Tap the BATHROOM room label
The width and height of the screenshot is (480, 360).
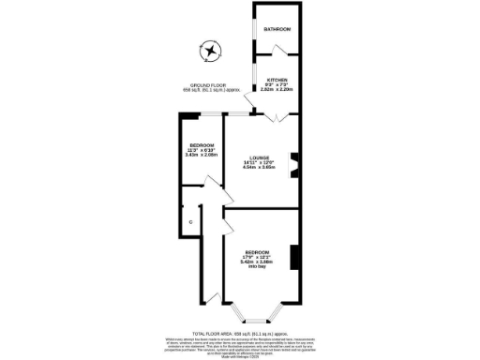(x=277, y=30)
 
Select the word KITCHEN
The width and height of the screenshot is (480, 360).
(x=277, y=80)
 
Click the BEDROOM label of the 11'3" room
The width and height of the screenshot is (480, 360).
(x=202, y=145)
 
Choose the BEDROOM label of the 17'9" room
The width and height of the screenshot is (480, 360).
(x=258, y=253)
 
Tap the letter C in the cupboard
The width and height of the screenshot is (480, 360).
(x=190, y=221)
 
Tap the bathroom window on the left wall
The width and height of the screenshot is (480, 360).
(x=253, y=28)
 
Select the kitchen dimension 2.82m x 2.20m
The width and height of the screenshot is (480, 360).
(x=277, y=90)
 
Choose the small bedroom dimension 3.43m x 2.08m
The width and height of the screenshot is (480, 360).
(x=202, y=156)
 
